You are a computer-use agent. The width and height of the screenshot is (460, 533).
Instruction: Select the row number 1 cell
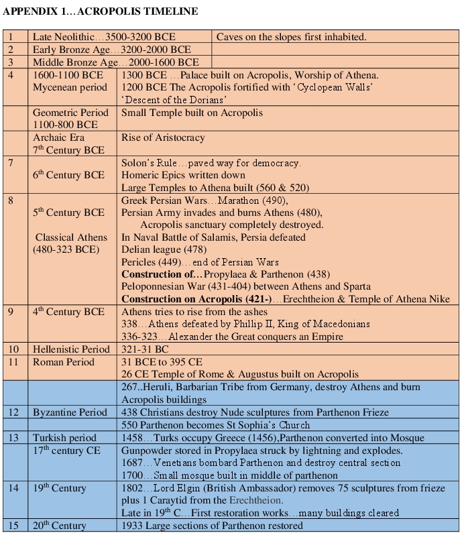click(x=11, y=37)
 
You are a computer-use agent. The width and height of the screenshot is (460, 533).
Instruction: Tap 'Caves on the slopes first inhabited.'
click(x=291, y=37)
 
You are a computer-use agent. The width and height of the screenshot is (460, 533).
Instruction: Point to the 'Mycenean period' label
click(x=70, y=87)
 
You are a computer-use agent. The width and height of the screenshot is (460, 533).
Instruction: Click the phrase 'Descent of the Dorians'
click(x=165, y=100)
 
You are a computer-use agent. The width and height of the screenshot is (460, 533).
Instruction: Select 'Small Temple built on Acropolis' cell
click(x=192, y=113)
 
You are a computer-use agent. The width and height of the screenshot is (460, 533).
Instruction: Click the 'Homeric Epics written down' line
click(x=183, y=175)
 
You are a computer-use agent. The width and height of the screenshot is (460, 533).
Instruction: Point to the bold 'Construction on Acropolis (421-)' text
click(x=196, y=299)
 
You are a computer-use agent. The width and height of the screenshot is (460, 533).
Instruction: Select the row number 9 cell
click(x=11, y=312)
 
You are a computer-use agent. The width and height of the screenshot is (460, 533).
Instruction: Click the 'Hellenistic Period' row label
click(x=71, y=349)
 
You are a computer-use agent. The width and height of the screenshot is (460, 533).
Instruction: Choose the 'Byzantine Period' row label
click(x=70, y=412)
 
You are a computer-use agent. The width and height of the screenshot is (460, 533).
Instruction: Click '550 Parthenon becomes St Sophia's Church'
click(x=215, y=425)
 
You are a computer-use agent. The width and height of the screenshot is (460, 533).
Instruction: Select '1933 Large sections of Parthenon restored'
click(x=212, y=526)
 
